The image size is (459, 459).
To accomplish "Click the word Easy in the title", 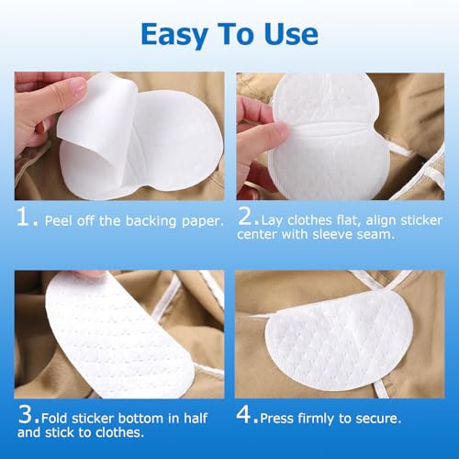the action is [174, 36].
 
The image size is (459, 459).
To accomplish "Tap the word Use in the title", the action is [291, 34].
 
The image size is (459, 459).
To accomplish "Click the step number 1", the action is [23, 217].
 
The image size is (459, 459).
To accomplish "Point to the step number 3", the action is [25, 414].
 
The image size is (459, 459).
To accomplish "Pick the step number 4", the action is [244, 415].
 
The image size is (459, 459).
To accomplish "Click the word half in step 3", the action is [196, 418].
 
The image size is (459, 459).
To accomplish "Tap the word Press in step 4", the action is [276, 419].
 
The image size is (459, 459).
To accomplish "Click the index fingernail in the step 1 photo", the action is [78, 86].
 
